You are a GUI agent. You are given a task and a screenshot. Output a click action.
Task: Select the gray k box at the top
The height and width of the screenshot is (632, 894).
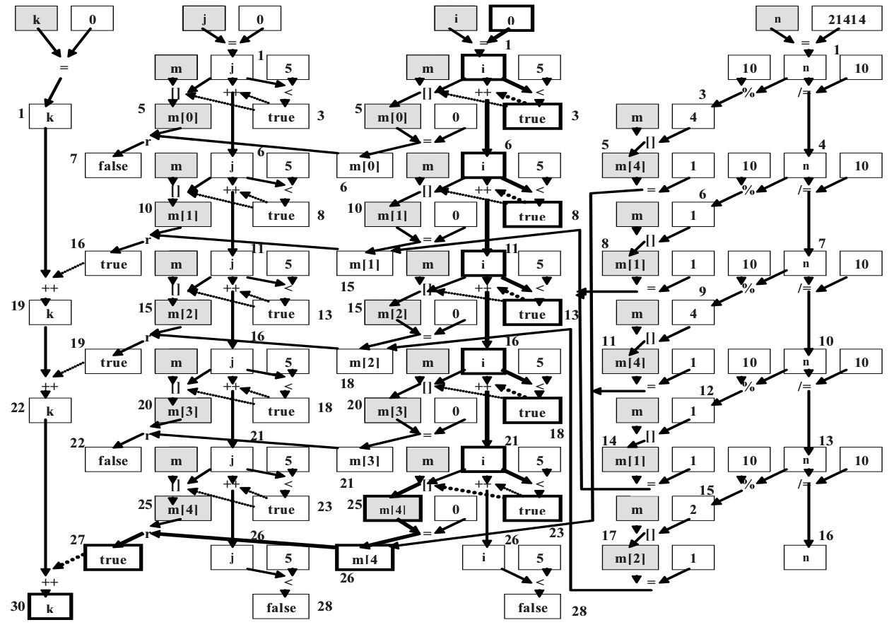[x=37, y=19]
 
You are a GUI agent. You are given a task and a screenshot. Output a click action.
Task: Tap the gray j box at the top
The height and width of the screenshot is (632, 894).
[x=204, y=19]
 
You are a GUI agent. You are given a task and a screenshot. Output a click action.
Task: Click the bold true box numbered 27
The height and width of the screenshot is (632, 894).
[x=113, y=558]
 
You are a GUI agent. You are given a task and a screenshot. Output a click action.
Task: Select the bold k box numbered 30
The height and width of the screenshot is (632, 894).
[x=50, y=608]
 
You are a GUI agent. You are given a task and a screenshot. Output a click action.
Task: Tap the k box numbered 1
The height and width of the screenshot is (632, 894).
[x=50, y=117]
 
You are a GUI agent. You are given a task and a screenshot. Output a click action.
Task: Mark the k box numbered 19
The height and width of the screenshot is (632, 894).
[x=50, y=313]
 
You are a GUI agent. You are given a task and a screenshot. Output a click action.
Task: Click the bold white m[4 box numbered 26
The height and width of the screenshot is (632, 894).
[x=363, y=558]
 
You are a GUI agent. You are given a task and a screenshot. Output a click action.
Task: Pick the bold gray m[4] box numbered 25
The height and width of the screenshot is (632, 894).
[x=392, y=510]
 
